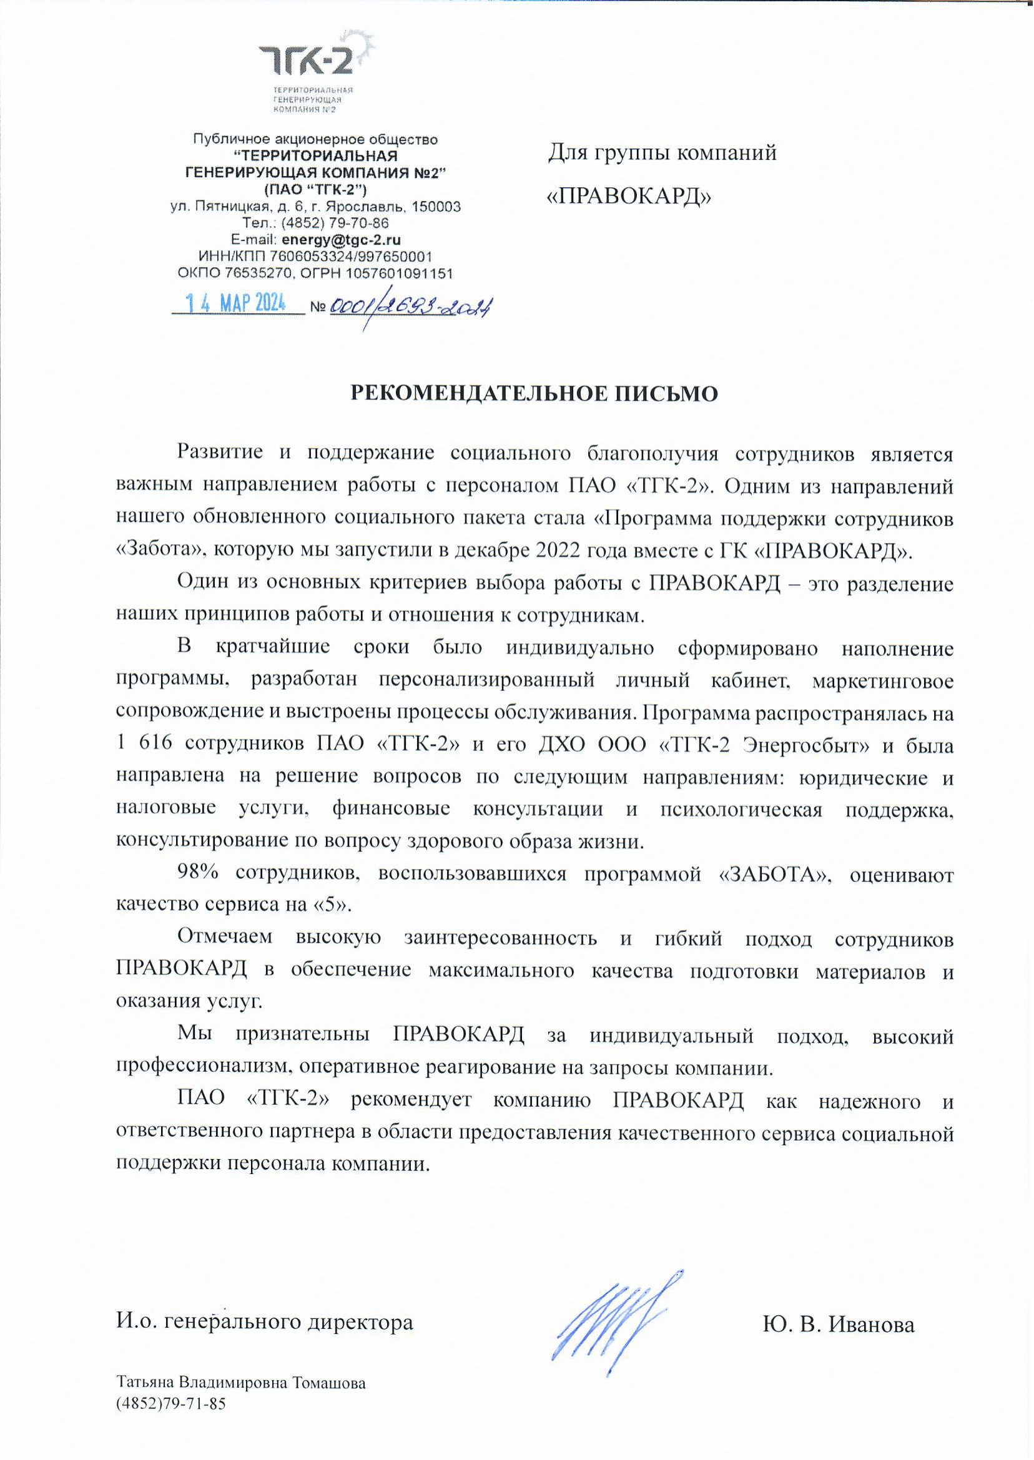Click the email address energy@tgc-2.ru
pos(342,240)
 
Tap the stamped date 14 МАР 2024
pos(235,303)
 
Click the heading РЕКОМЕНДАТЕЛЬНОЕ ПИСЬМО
pos(534,394)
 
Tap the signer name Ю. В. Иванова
pos(839,1325)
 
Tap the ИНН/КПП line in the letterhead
pos(316,257)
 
